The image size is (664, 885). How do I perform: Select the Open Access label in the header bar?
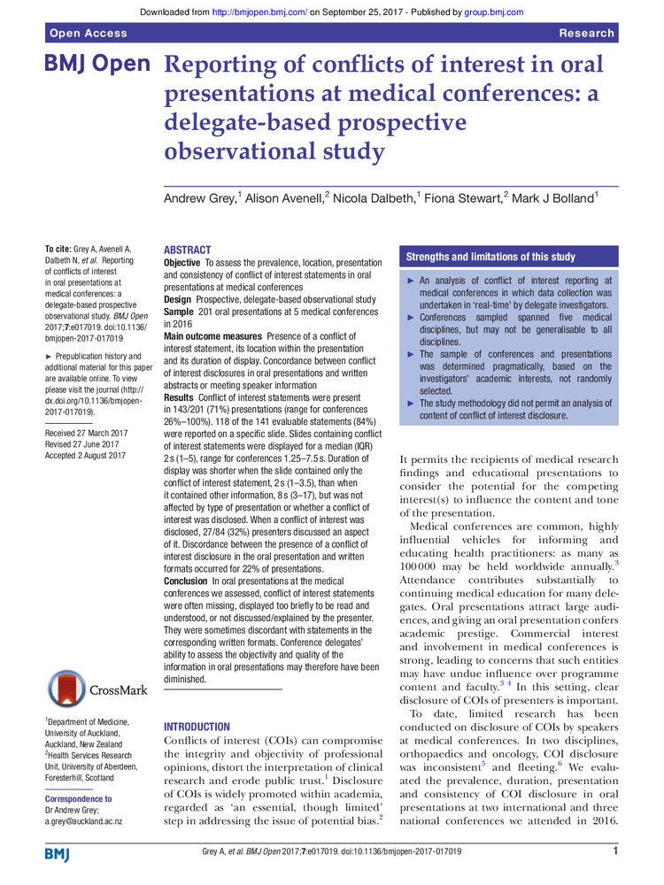coord(89,33)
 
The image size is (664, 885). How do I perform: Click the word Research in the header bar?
coord(586,33)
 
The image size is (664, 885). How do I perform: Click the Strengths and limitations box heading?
coord(490,257)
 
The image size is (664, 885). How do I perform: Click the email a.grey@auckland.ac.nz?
coord(83,821)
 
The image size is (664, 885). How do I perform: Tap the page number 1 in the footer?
coord(614,851)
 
